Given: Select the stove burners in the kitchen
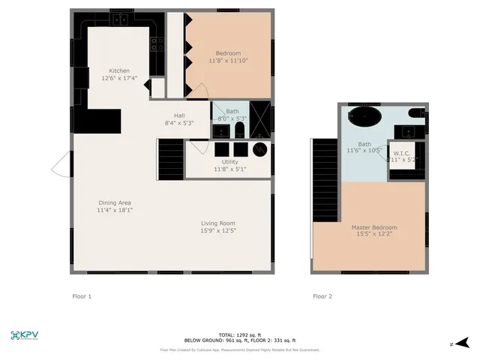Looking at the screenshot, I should coord(157,44).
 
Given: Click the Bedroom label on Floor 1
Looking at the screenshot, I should coord(228,53).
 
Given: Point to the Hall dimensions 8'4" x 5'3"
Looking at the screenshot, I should coord(179,123).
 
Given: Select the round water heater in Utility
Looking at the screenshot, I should coord(260,149).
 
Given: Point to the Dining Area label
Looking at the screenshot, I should coord(114,202).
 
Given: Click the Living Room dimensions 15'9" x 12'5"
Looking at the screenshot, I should coord(218,231).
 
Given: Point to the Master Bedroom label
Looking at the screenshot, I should coord(374,227).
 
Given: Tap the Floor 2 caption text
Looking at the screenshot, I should coord(322,296).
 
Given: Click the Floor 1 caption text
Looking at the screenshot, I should coord(81,296).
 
